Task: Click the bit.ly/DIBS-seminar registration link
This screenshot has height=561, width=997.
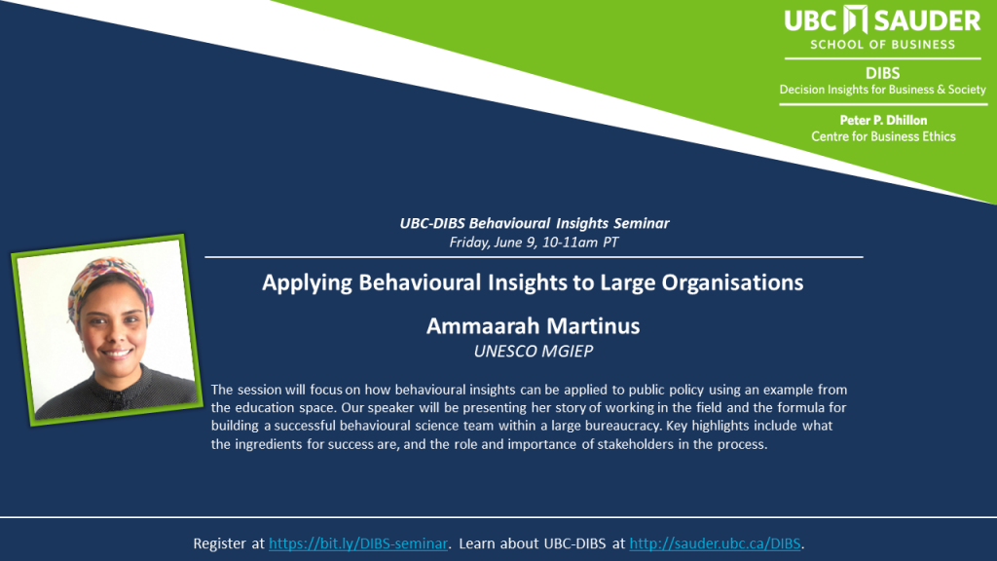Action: pos(358,543)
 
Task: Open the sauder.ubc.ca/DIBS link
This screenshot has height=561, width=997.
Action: pos(715,543)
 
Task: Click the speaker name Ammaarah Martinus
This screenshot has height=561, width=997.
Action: pos(533,326)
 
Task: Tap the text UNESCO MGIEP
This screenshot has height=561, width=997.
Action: pos(534,351)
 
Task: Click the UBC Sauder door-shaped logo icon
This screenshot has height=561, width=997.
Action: pos(855,19)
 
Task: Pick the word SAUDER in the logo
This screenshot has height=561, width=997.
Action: pos(927,21)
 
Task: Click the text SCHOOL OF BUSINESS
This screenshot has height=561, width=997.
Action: pos(882,45)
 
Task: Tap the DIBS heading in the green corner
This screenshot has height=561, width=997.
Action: pos(882,73)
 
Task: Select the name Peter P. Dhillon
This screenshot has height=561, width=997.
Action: pos(883,120)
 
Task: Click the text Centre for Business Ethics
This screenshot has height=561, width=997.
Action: pos(883,136)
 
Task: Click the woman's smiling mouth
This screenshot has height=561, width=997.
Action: pos(117,353)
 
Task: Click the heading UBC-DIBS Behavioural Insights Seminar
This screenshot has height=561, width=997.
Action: pos(535,223)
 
